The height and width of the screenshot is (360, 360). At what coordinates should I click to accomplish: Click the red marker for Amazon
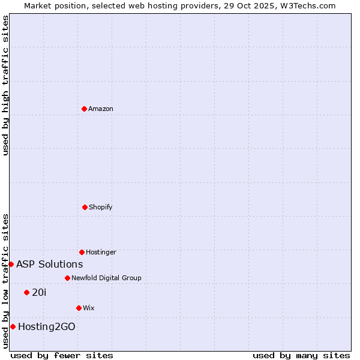(x=85, y=109)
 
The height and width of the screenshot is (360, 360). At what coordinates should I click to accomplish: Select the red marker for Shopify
(x=85, y=207)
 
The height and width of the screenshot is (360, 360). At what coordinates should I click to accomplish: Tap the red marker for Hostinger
(x=82, y=252)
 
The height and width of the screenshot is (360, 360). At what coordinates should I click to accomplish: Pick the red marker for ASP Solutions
(x=11, y=264)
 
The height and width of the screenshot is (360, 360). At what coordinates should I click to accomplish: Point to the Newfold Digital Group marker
(x=67, y=278)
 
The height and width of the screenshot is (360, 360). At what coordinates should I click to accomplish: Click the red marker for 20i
(x=26, y=292)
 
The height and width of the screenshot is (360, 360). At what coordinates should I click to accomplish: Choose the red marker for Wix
(x=79, y=308)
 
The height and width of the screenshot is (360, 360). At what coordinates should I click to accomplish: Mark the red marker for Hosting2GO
(x=13, y=326)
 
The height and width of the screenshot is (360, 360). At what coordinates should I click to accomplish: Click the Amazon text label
(x=101, y=109)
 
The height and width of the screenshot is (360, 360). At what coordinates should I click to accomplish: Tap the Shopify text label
(x=101, y=207)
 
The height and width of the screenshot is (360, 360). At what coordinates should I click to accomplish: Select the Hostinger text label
(x=101, y=252)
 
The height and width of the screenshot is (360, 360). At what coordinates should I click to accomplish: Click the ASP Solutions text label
(x=49, y=264)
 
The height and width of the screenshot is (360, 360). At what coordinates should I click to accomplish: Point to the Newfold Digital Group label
(x=106, y=278)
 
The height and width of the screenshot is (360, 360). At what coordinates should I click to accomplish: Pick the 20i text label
(x=39, y=292)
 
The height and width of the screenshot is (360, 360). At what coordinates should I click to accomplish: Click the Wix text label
(x=89, y=308)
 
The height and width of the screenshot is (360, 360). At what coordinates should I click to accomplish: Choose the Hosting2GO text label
(x=47, y=326)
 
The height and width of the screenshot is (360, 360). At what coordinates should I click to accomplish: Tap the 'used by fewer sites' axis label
(x=62, y=355)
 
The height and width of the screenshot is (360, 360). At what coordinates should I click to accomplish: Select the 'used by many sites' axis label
(x=301, y=355)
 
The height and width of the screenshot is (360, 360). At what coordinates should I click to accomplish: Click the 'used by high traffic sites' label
(x=5, y=85)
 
